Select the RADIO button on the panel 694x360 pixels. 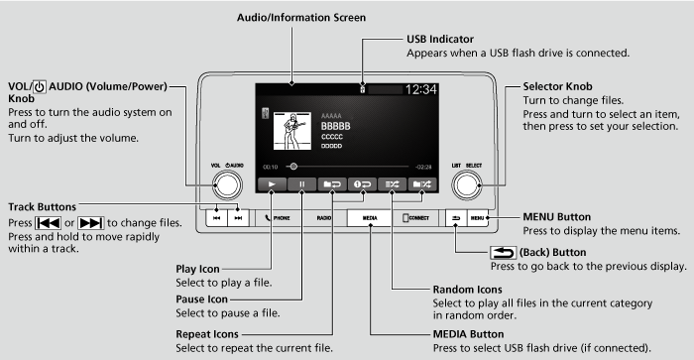(x=324, y=216)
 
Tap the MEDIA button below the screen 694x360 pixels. (x=370, y=216)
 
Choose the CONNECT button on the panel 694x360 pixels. (x=415, y=216)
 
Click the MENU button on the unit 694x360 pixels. (x=477, y=216)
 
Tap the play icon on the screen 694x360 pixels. (x=269, y=184)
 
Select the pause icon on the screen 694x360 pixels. (x=301, y=184)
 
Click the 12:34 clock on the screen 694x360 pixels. (x=422, y=89)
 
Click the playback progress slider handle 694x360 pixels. (x=292, y=167)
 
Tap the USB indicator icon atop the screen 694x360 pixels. (x=364, y=89)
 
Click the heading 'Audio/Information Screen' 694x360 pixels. (x=301, y=17)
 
